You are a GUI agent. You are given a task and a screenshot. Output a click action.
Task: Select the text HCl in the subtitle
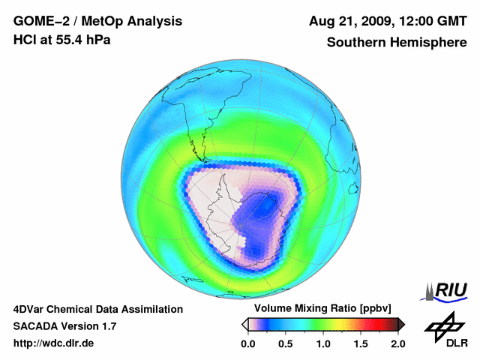click(x=24, y=40)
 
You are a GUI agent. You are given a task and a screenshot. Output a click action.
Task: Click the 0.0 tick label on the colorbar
click(x=248, y=343)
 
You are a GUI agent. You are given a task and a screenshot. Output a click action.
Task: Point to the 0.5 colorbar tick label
click(x=286, y=343)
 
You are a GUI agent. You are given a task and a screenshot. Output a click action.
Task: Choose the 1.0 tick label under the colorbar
click(x=323, y=343)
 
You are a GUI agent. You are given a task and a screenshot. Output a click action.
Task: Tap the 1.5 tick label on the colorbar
click(x=361, y=343)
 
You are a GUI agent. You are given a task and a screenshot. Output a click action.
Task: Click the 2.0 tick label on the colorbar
click(x=397, y=343)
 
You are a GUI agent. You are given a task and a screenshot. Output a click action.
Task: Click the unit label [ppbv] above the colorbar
click(x=374, y=309)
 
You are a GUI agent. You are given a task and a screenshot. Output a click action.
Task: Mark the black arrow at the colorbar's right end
click(x=401, y=324)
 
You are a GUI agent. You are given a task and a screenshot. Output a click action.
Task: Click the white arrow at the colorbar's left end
click(x=244, y=324)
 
